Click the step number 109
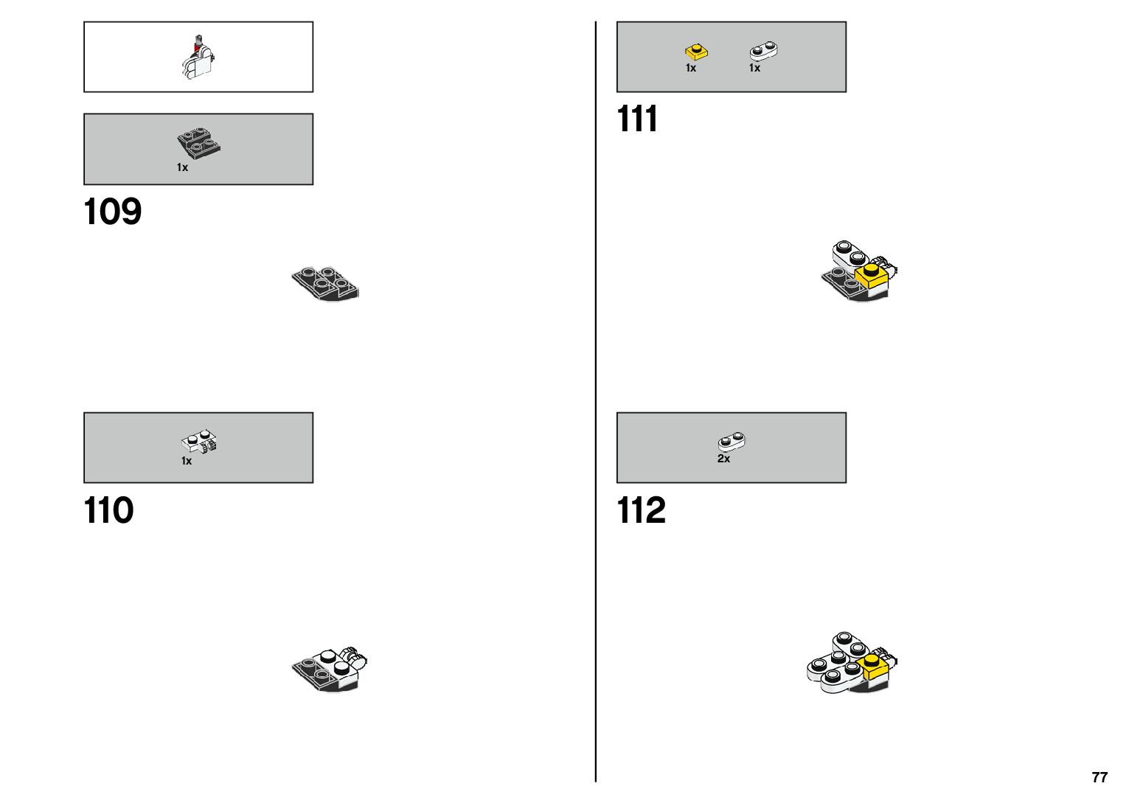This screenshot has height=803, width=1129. point(112,212)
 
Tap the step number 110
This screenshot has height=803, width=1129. point(108,510)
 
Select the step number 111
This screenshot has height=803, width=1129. point(637,119)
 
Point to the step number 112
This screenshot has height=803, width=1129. point(641,510)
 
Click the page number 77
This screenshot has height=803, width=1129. point(1100,777)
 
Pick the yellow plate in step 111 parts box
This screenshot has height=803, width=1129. point(696,52)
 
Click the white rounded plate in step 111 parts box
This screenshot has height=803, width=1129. point(763,51)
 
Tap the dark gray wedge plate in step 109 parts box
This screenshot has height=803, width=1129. point(198,143)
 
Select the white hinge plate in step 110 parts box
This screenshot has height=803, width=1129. point(198,442)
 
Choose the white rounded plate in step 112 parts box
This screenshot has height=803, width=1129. point(731,442)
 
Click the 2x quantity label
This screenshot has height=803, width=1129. point(723,459)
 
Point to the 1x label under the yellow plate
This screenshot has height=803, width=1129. point(691,68)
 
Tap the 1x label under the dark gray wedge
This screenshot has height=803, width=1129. point(182,167)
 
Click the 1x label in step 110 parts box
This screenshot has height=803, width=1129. point(187,461)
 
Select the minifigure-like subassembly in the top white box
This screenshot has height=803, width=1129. point(198,58)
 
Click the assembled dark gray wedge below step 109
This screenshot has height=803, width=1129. point(325,284)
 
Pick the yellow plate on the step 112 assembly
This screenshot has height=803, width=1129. point(874,665)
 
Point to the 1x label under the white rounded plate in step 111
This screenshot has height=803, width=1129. point(754,68)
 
